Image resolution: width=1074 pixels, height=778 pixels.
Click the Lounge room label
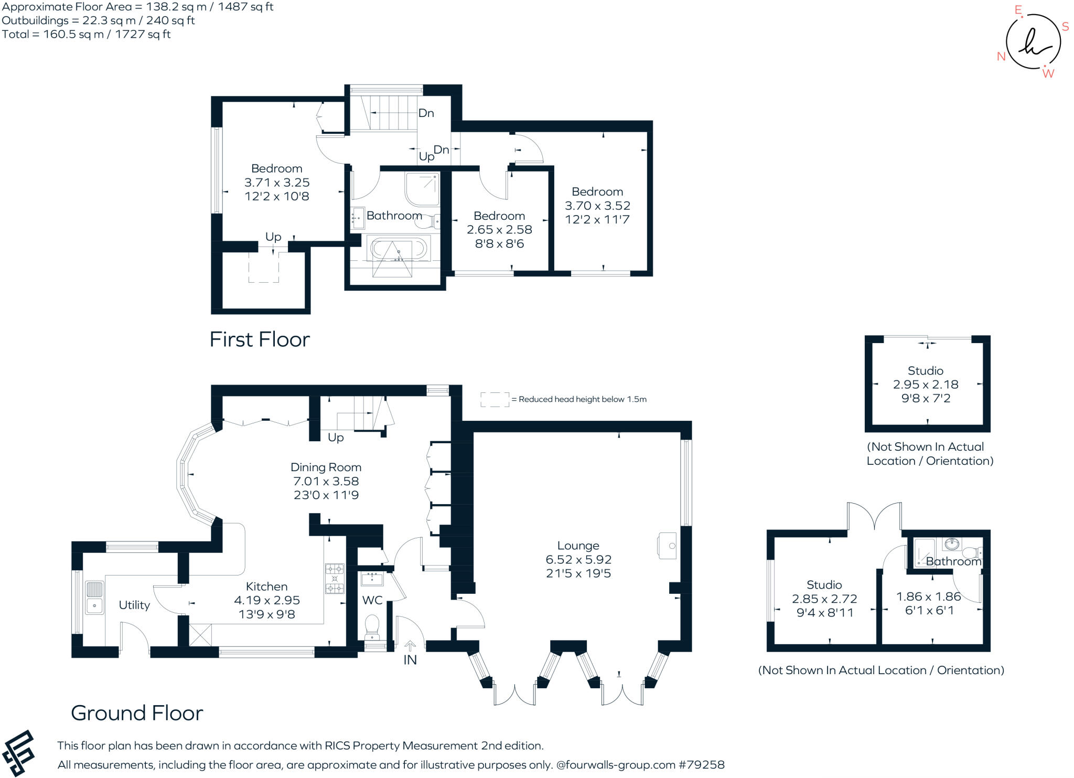578,546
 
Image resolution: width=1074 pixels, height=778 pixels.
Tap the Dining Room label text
326,467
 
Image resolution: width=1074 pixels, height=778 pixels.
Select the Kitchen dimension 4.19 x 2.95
266,600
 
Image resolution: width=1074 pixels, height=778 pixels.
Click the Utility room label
134,605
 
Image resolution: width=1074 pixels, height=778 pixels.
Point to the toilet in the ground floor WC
372,625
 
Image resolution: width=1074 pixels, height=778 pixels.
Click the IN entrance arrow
410,646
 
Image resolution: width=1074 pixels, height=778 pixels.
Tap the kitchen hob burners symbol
335,578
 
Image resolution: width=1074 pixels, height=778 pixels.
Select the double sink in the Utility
94,597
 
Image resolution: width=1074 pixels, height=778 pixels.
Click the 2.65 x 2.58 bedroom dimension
499,230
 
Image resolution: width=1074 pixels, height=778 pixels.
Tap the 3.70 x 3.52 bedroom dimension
597,206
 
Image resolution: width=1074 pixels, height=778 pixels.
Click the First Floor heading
260,339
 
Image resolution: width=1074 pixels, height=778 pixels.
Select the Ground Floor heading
137,713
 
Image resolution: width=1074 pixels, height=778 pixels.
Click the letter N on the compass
1001,57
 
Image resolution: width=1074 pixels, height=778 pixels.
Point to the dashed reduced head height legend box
495,399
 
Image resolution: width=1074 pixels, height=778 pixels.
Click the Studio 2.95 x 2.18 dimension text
926,385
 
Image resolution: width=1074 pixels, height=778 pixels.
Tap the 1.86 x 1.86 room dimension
929,596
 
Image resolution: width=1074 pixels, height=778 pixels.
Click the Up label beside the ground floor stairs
336,438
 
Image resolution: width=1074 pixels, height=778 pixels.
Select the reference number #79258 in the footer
702,765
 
